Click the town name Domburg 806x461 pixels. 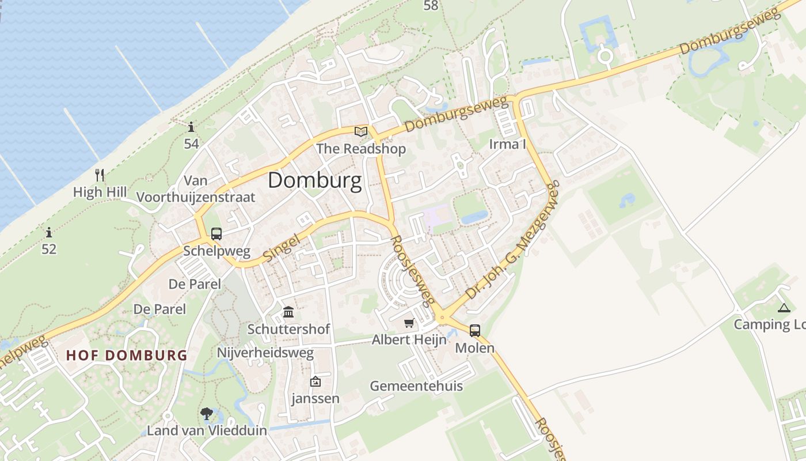pyautogui.click(x=315, y=180)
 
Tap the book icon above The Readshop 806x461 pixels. pyautogui.click(x=361, y=132)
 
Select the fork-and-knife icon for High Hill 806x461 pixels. pyautogui.click(x=100, y=175)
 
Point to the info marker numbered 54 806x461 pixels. pyautogui.click(x=191, y=127)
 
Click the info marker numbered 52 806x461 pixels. pyautogui.click(x=49, y=233)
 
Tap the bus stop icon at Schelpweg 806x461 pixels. pyautogui.click(x=216, y=234)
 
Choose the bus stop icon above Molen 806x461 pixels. pyautogui.click(x=474, y=330)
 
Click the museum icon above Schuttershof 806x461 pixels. pyautogui.click(x=288, y=312)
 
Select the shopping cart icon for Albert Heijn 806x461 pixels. pyautogui.click(x=409, y=323)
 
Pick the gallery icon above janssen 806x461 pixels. pyautogui.click(x=315, y=381)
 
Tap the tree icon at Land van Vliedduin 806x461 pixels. pyautogui.click(x=206, y=413)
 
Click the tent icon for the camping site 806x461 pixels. pyautogui.click(x=784, y=308)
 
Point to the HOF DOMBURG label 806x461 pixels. pyautogui.click(x=127, y=355)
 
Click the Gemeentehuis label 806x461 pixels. pyautogui.click(x=416, y=386)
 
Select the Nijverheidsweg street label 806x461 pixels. pyautogui.click(x=265, y=352)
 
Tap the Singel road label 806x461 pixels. pyautogui.click(x=282, y=247)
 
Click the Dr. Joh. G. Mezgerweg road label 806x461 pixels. pyautogui.click(x=512, y=240)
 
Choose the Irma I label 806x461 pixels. pyautogui.click(x=507, y=144)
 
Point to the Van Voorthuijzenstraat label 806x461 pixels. pyautogui.click(x=196, y=189)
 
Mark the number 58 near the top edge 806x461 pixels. pyautogui.click(x=431, y=6)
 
